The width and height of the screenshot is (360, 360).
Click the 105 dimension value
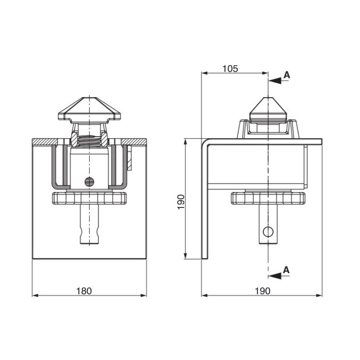(x=230, y=68)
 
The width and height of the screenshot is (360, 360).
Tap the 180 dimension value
(x=84, y=291)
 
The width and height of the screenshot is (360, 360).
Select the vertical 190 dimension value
(x=181, y=202)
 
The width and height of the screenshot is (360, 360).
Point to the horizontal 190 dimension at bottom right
(x=263, y=291)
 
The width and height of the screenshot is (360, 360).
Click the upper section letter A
(x=287, y=75)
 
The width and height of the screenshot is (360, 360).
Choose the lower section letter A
(x=286, y=270)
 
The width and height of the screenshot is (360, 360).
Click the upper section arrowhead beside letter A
(x=275, y=81)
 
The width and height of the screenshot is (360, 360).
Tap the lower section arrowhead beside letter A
(x=275, y=276)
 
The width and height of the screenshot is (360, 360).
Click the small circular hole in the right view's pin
(x=268, y=232)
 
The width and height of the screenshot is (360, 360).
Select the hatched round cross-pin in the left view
(x=89, y=182)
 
